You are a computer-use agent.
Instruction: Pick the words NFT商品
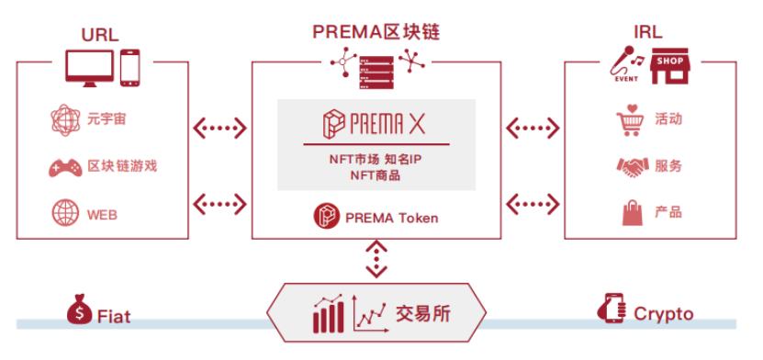point(375,175)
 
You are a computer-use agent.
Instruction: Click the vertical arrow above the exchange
point(375,257)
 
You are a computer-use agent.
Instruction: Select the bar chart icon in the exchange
point(326,314)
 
